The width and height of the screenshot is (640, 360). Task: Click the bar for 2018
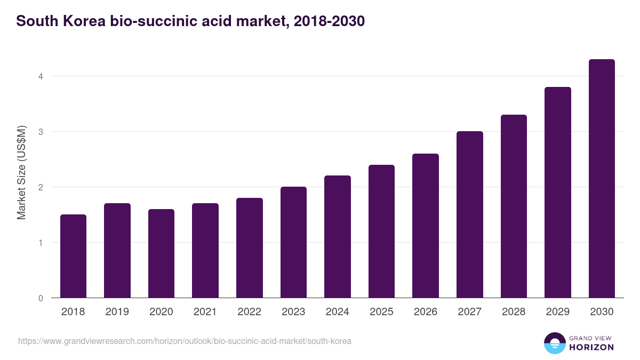(73, 256)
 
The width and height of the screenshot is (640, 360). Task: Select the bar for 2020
(161, 253)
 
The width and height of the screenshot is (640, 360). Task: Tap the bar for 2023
(293, 242)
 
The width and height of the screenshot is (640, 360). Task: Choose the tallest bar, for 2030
(602, 179)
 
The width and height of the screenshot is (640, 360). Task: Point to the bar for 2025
(381, 231)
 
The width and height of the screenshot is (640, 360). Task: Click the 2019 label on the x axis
(117, 312)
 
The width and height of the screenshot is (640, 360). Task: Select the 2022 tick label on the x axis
(249, 312)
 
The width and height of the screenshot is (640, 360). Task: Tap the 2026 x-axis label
(426, 312)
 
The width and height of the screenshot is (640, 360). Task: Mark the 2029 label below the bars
(558, 312)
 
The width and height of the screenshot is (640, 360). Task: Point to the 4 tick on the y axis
(40, 76)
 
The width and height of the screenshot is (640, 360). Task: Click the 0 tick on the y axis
(40, 298)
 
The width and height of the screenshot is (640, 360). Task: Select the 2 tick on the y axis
(40, 187)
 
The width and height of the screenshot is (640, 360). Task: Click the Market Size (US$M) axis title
(22, 173)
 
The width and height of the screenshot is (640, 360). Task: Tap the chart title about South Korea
(190, 22)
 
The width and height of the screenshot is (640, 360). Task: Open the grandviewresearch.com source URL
(185, 341)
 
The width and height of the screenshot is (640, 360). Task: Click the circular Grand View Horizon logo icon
(555, 343)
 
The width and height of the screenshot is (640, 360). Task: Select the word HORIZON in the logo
(591, 347)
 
